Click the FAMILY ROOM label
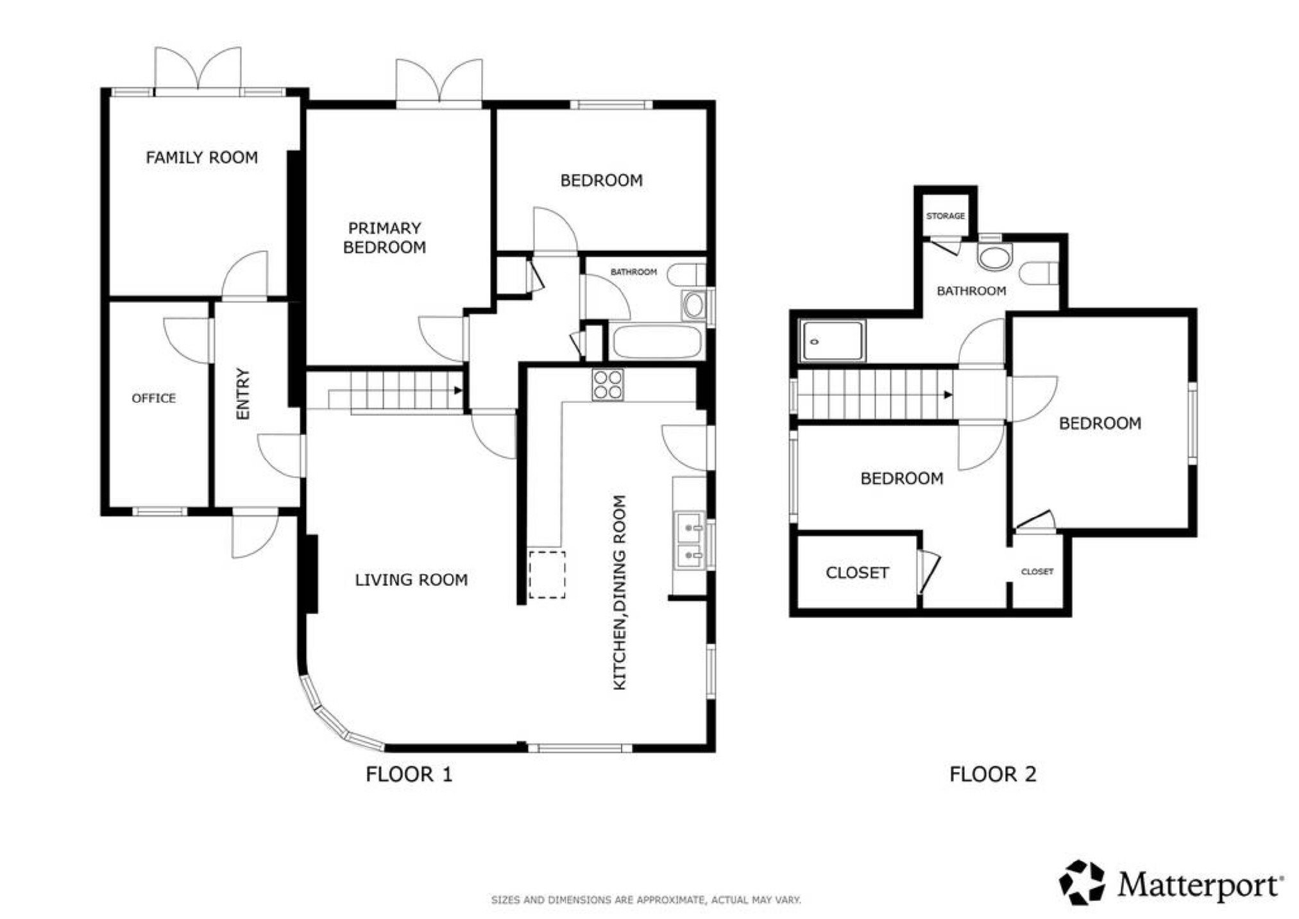(201, 157)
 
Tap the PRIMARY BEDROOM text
(384, 237)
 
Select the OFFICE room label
(153, 399)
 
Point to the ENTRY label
(242, 393)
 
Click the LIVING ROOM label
(411, 580)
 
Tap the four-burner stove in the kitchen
(607, 385)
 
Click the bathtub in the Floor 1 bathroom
(656, 342)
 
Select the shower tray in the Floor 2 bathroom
(832, 342)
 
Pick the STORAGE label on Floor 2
(946, 216)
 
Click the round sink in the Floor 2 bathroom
(994, 258)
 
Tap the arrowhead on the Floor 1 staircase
(458, 390)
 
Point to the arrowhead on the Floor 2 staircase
(948, 395)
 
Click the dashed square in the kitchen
(547, 574)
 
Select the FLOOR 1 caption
(409, 775)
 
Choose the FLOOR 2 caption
(992, 775)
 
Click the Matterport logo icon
(1082, 882)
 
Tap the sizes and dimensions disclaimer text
(646, 900)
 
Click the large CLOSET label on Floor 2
(857, 572)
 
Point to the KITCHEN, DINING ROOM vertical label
(619, 592)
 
